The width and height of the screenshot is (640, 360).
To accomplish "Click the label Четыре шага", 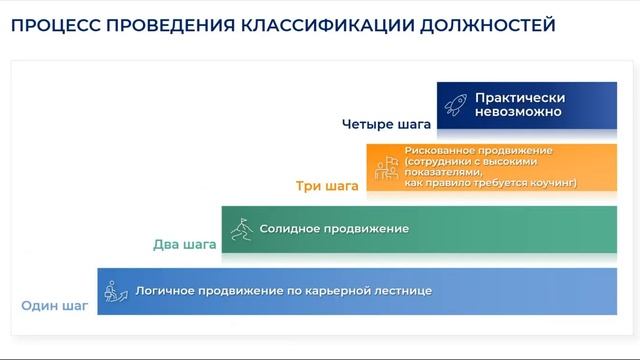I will pyautogui.click(x=386, y=125).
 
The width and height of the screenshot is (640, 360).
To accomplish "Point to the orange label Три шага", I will pyautogui.click(x=326, y=185).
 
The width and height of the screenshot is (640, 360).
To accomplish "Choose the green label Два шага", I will pyautogui.click(x=185, y=244).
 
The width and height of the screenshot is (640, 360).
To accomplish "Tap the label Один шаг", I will pyautogui.click(x=55, y=305).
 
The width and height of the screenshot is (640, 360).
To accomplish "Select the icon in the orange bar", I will pyautogui.click(x=386, y=168).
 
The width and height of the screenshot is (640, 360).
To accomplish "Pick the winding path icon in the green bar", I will pyautogui.click(x=240, y=229).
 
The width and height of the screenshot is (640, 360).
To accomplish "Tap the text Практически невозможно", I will pyautogui.click(x=520, y=105).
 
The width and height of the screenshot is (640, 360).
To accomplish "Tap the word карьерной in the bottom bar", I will pyautogui.click(x=335, y=291).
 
